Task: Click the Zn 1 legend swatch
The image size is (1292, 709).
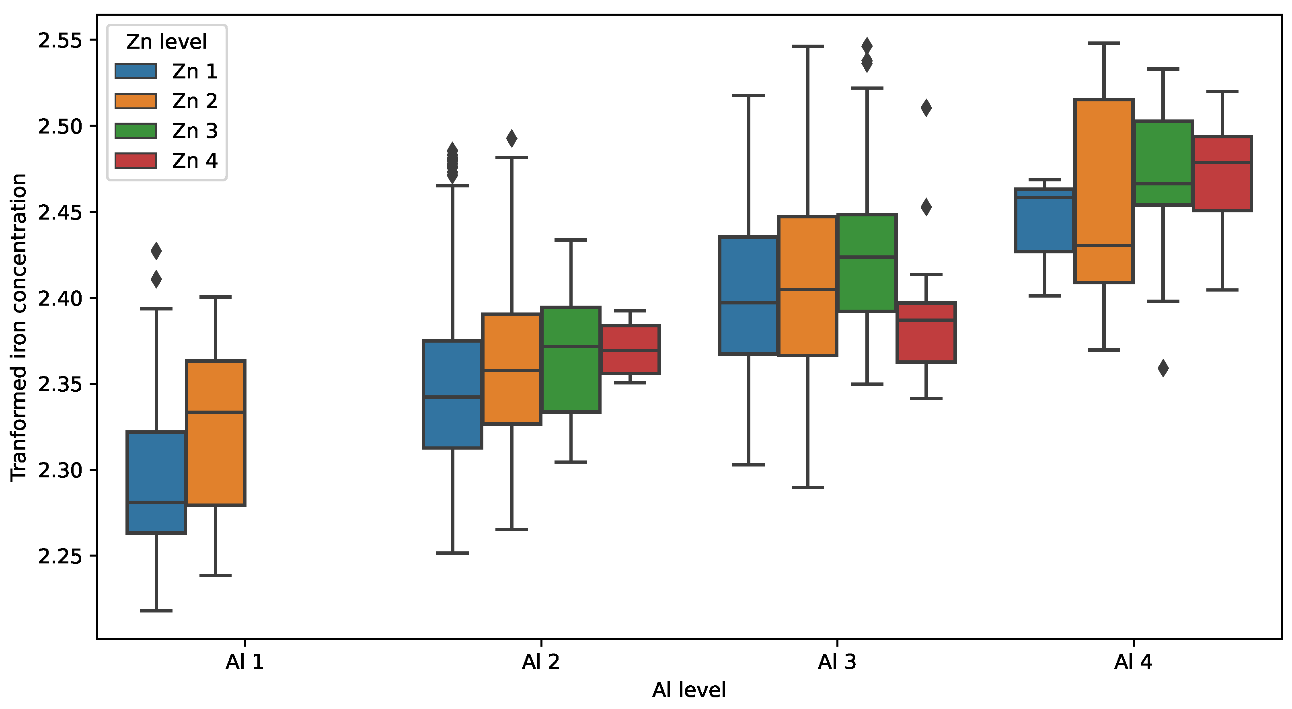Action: point(136,71)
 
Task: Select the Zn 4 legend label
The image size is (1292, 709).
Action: point(195,160)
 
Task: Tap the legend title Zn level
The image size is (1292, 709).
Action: point(166,42)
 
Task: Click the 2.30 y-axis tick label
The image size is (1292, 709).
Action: point(60,470)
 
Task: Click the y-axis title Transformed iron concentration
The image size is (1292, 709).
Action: point(19,327)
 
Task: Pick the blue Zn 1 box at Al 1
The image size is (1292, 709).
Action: point(156,482)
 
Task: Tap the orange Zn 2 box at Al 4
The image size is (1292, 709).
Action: point(1104,191)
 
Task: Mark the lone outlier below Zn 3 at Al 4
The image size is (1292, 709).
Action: point(1163,368)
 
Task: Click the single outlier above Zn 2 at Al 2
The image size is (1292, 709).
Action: point(511,138)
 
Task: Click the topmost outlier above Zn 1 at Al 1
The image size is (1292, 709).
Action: point(156,251)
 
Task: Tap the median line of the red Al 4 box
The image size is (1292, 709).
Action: point(1222,162)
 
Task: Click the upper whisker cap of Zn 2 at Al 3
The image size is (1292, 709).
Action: point(807,46)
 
